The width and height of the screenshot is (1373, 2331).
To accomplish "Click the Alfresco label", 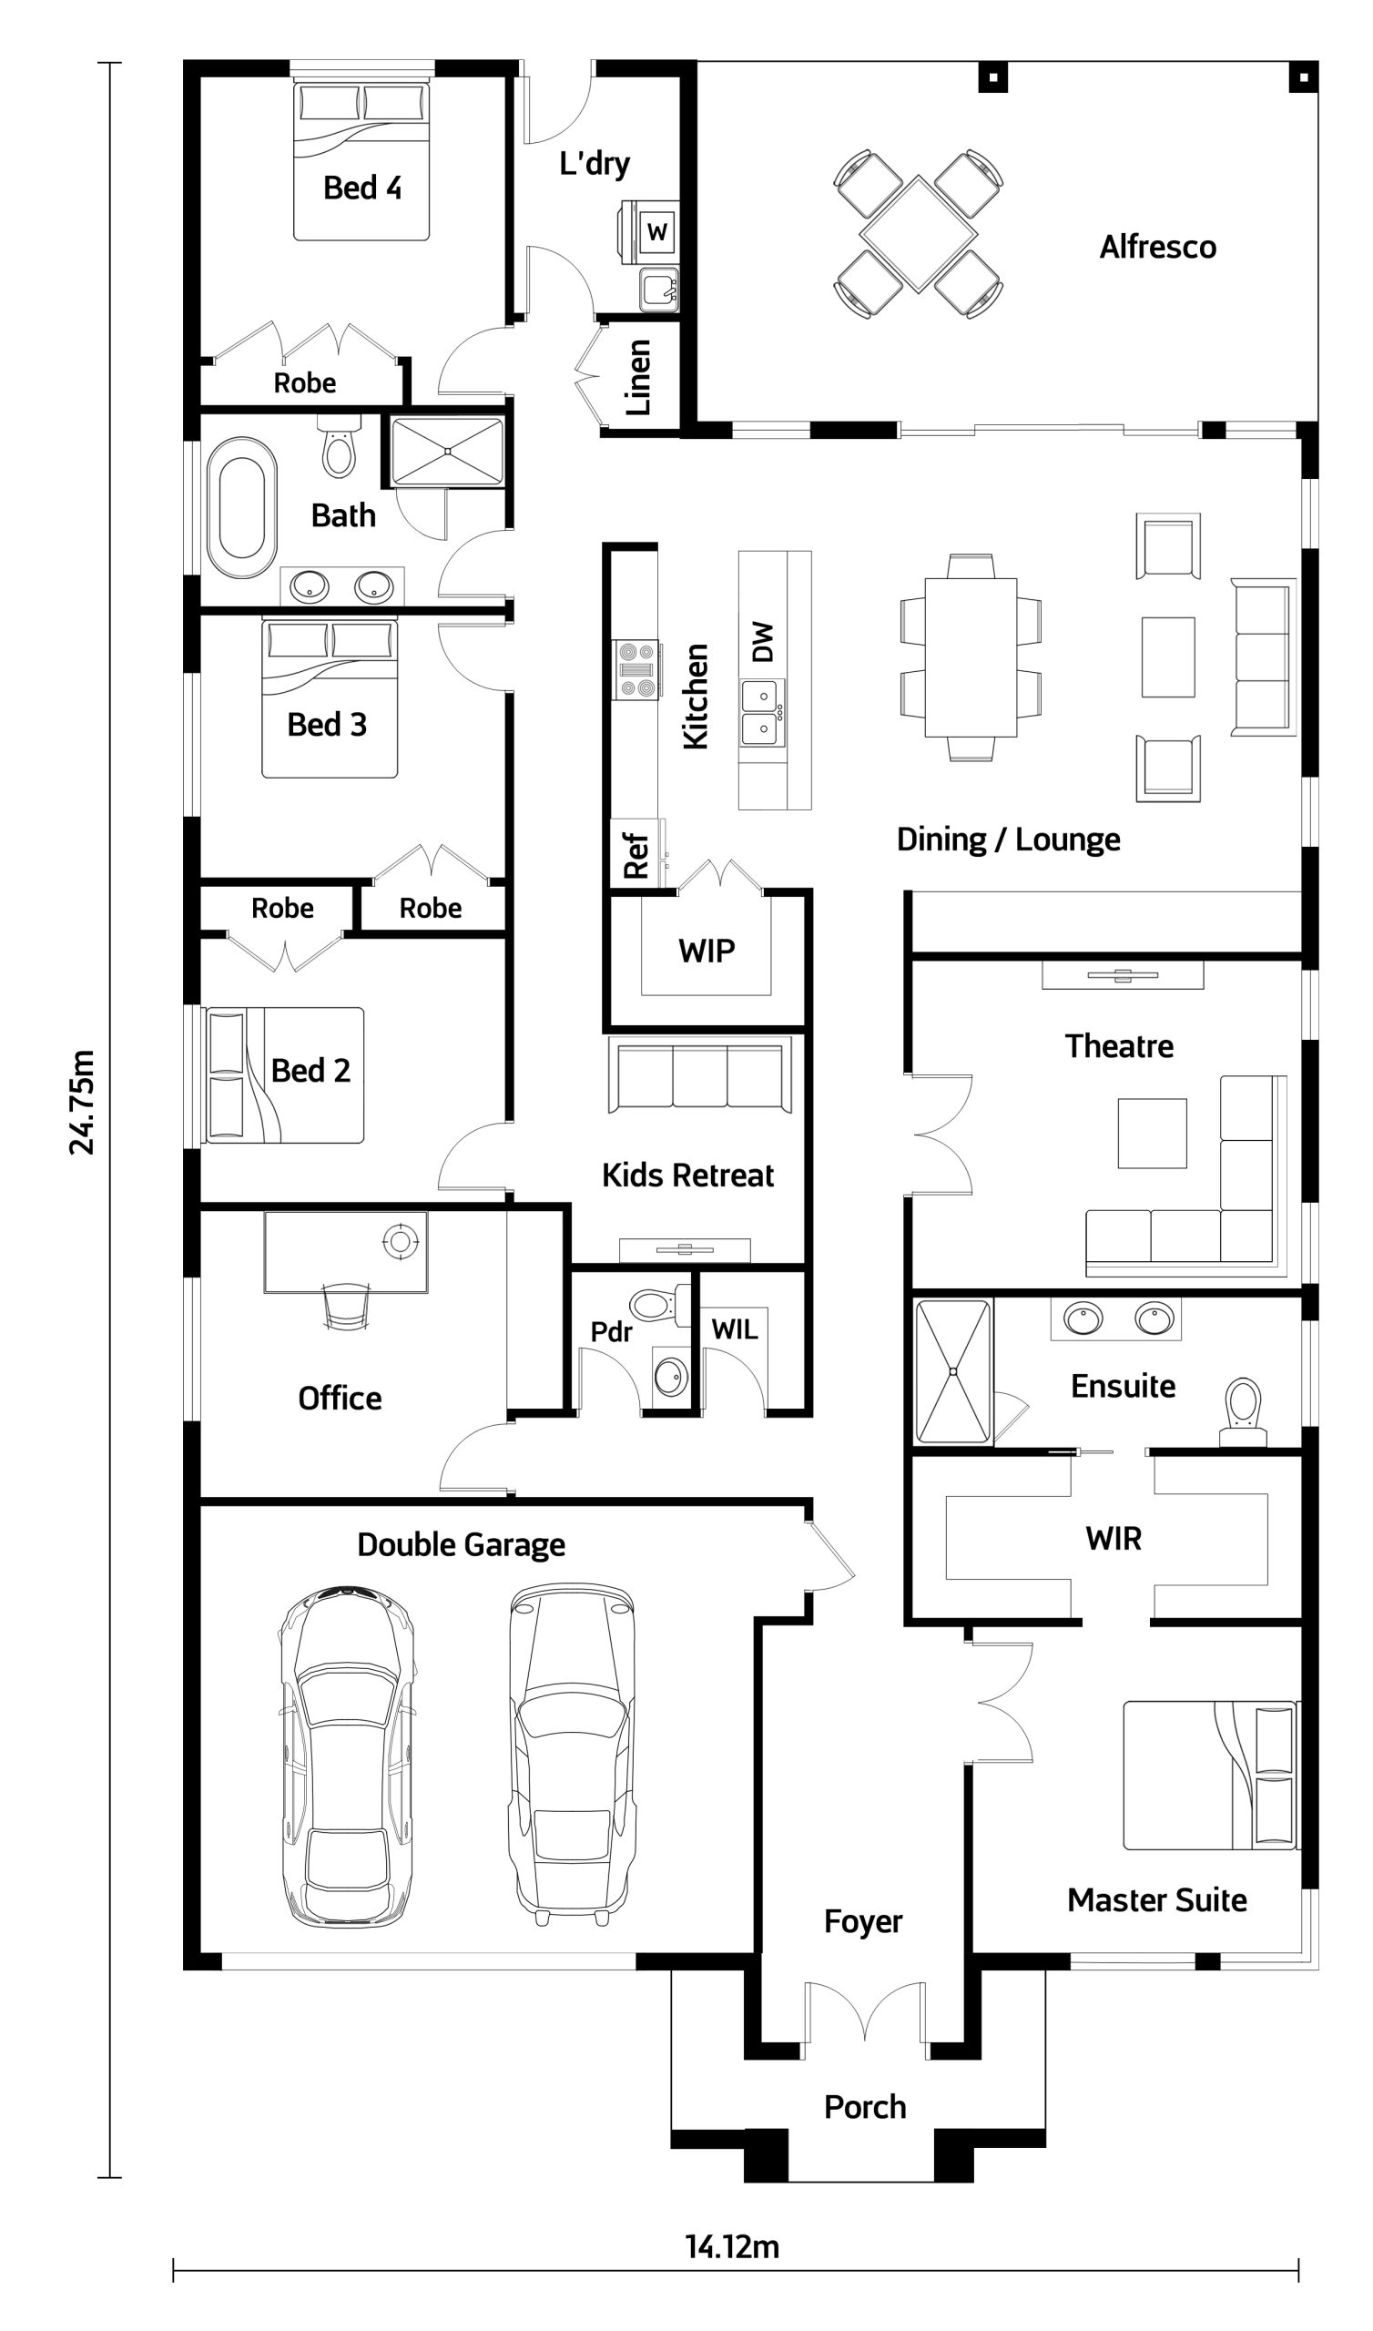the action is click(x=1157, y=247).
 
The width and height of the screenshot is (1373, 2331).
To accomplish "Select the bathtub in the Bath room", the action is click(x=241, y=508).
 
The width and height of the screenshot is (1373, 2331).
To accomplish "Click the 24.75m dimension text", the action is click(x=81, y=1102).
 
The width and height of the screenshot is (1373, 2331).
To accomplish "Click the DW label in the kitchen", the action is click(x=762, y=642).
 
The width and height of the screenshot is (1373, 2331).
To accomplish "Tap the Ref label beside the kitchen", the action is click(x=636, y=855).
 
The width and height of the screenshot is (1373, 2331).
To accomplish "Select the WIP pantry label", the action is click(x=706, y=950).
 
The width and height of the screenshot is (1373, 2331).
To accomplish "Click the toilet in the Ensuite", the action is click(x=1243, y=1412).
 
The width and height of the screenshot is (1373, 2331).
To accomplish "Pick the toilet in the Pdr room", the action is click(x=660, y=1305).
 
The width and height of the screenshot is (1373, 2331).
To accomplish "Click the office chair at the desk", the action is click(x=346, y=1305).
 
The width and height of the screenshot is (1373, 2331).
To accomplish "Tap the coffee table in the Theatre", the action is click(x=1152, y=1133).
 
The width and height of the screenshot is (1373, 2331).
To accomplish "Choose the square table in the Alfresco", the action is click(x=918, y=234).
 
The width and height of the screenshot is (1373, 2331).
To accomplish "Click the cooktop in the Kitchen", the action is click(x=636, y=669).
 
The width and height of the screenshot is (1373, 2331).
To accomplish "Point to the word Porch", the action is click(x=865, y=2106).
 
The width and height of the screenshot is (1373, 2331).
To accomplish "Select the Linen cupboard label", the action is click(x=638, y=377).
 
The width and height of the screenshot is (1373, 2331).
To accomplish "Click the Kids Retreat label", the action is click(x=687, y=1175).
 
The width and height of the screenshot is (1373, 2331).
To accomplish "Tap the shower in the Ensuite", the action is click(x=953, y=1371).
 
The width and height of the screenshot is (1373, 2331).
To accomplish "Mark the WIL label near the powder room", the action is click(x=735, y=1329).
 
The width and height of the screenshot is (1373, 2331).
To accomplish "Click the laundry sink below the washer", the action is click(x=659, y=290).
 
